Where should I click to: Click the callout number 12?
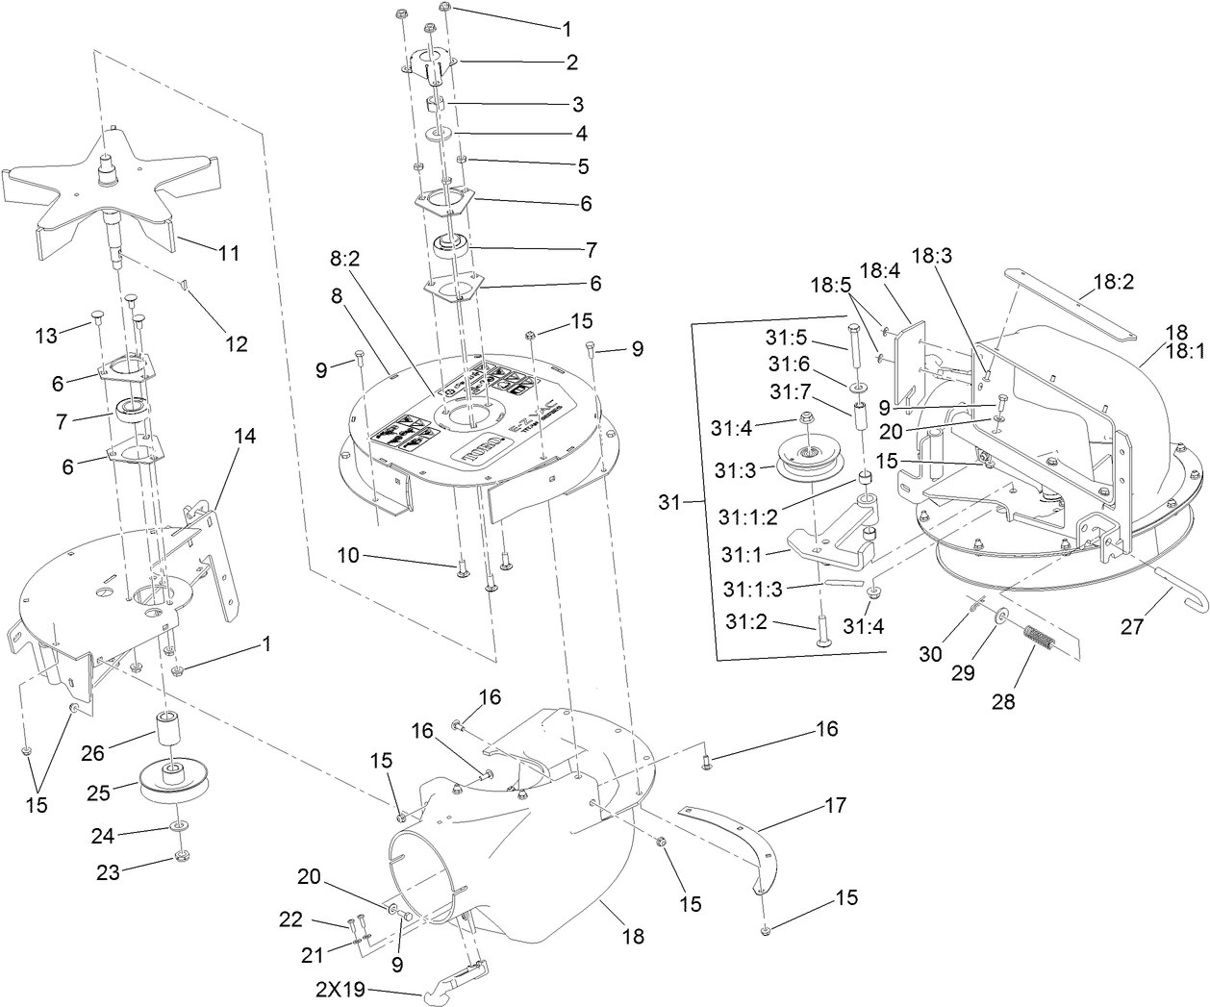[236, 343]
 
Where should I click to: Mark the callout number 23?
[108, 873]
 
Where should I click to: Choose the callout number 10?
[348, 555]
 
